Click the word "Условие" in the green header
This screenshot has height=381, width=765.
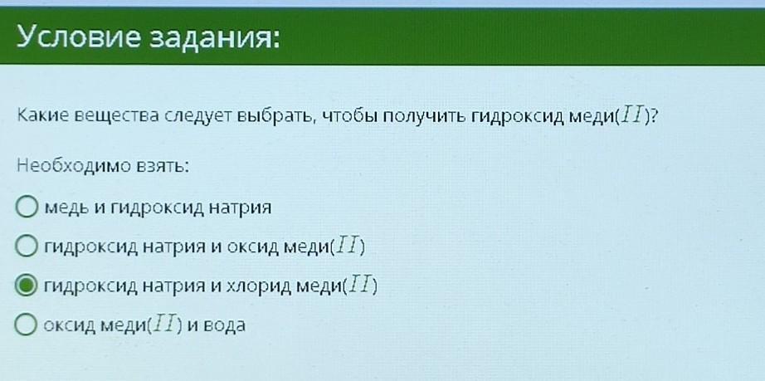79,37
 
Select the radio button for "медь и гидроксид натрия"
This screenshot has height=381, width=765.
27,207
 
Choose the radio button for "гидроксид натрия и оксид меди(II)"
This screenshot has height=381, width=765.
27,247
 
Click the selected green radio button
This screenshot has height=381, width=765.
27,286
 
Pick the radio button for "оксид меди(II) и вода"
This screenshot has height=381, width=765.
27,325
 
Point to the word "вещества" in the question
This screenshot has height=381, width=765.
119,118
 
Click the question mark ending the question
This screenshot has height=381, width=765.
654,117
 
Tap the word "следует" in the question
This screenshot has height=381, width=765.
197,118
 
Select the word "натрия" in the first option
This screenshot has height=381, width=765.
240,208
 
